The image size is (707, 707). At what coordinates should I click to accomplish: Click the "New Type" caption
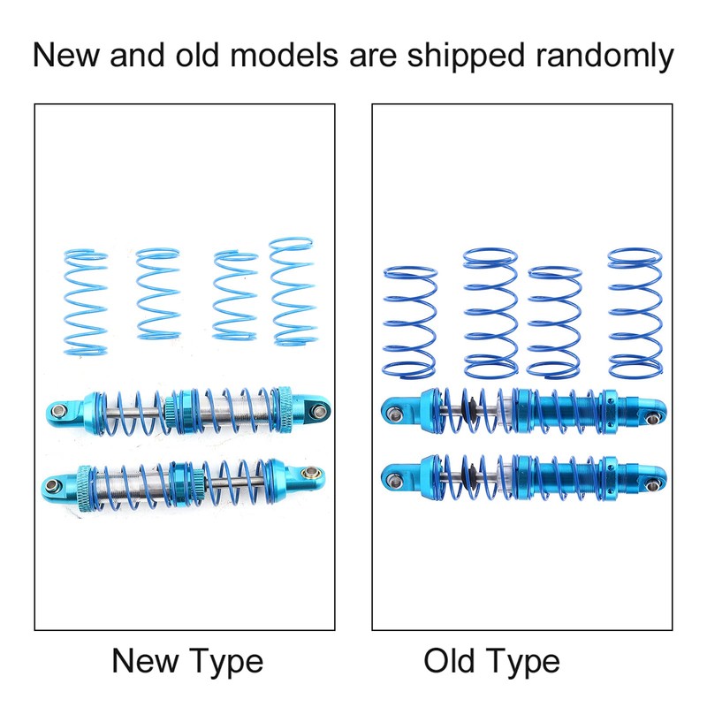coord(187,660)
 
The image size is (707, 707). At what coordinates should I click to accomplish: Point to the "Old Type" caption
coord(491,660)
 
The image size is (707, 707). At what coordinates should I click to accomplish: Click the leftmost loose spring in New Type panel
coord(86,300)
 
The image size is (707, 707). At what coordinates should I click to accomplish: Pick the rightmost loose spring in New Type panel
coord(292,291)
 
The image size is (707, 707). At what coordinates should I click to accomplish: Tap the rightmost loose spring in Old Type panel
coord(633,309)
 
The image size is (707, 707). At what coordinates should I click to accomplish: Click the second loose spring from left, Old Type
coord(490,309)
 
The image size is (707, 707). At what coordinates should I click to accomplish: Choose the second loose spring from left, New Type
coord(158,294)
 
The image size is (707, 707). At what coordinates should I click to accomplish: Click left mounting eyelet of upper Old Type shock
coord(392,410)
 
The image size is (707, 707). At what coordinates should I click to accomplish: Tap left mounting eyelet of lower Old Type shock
coord(392,478)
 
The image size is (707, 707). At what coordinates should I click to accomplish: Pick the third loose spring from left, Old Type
coord(555,320)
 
